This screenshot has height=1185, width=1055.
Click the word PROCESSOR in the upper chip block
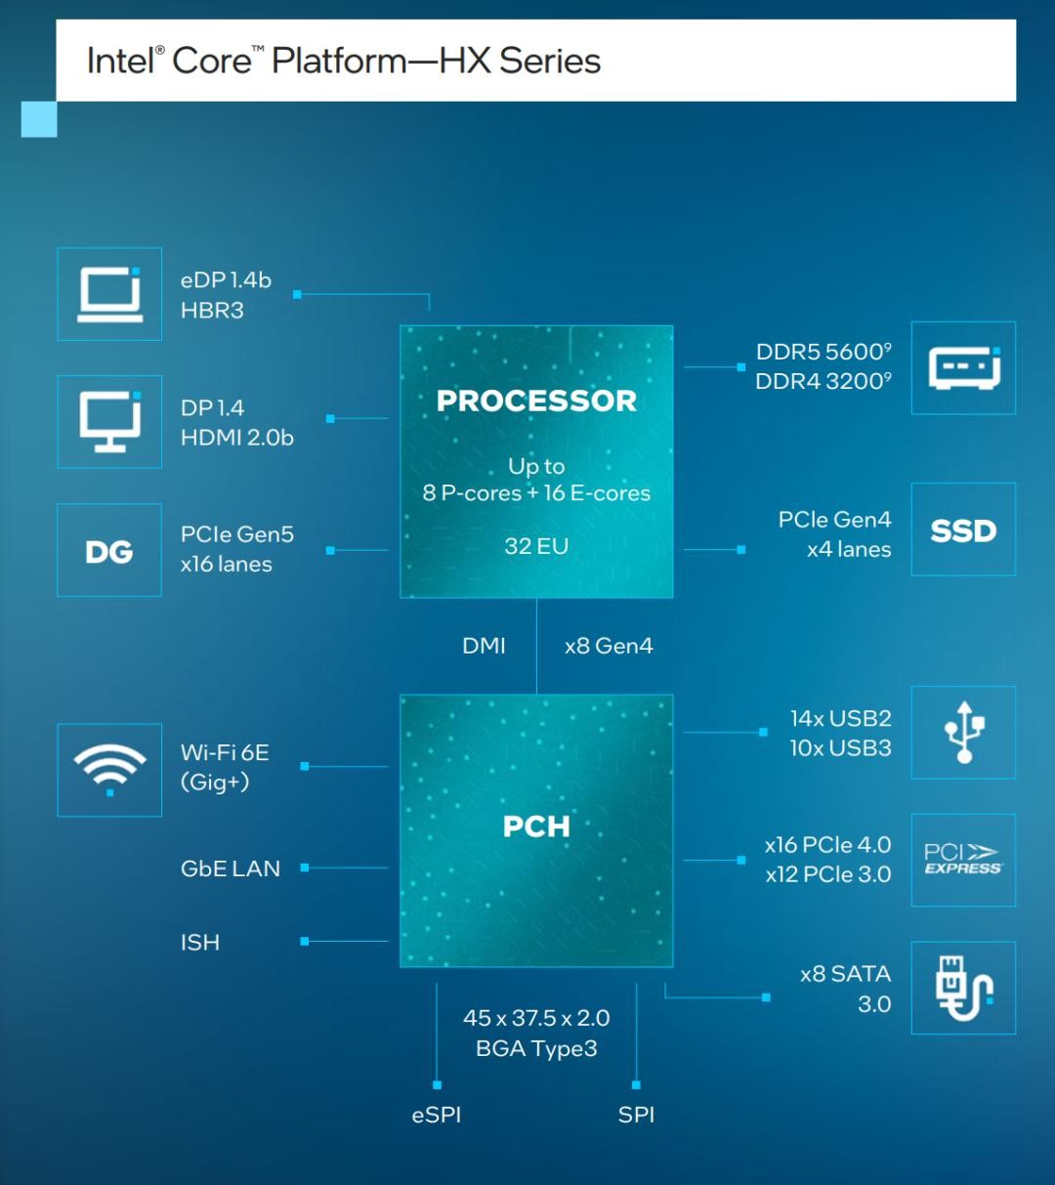pyautogui.click(x=536, y=401)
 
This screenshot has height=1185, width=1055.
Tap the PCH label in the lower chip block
pyautogui.click(x=536, y=826)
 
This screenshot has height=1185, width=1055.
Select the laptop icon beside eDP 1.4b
pyautogui.click(x=109, y=294)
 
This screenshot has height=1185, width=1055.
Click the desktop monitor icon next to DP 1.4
pyautogui.click(x=109, y=422)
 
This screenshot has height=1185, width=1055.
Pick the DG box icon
pyautogui.click(x=109, y=551)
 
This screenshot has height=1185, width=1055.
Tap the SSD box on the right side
pyautogui.click(x=963, y=529)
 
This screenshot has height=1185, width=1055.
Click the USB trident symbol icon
pyautogui.click(x=964, y=733)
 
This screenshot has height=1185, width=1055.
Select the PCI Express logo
pyautogui.click(x=962, y=860)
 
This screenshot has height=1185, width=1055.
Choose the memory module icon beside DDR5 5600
pyautogui.click(x=964, y=368)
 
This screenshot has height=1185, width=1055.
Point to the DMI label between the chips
pyautogui.click(x=484, y=646)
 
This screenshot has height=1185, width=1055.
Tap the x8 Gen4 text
pyautogui.click(x=609, y=646)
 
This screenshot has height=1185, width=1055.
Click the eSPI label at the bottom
pyautogui.click(x=437, y=1115)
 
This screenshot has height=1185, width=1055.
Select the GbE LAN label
pyautogui.click(x=231, y=868)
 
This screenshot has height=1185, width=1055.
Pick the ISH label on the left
pyautogui.click(x=200, y=943)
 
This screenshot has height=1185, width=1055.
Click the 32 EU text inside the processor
pyautogui.click(x=536, y=546)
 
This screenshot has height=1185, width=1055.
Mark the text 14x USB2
pyautogui.click(x=841, y=718)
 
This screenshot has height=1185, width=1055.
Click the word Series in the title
pyautogui.click(x=550, y=61)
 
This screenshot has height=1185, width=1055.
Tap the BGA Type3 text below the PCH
pyautogui.click(x=536, y=1048)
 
